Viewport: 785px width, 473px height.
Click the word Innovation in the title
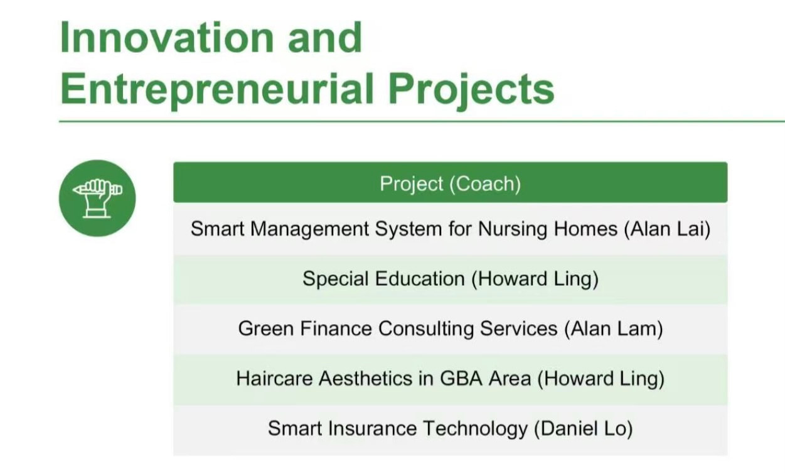167,37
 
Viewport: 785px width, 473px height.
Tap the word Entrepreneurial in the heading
217,89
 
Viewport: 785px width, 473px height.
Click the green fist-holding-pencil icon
97,198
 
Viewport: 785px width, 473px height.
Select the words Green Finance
305,329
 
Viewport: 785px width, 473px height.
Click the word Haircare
274,379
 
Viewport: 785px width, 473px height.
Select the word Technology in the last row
475,429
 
